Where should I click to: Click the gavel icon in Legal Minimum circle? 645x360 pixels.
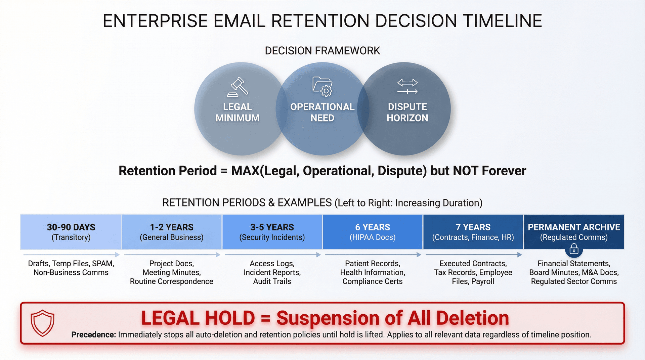238,87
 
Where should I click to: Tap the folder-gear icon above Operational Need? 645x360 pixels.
322,86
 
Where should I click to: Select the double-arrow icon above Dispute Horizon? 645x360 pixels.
407,86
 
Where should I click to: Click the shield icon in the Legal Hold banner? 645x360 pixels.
42,323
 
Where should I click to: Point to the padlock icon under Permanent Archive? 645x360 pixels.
574,249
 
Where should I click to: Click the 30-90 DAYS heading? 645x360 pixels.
71,227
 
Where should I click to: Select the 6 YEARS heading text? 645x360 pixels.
372,227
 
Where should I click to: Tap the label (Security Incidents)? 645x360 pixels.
272,237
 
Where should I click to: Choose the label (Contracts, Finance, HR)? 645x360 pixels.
473,237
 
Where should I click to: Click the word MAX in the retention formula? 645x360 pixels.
245,171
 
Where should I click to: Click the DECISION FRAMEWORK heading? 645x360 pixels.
322,51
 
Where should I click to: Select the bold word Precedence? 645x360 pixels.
93,335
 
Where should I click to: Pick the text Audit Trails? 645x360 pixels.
272,281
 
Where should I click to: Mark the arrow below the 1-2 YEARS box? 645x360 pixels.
172,255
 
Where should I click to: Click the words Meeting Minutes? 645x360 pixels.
171,273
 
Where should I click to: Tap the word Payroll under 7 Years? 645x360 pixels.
482,281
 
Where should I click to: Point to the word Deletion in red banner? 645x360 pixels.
472,318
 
